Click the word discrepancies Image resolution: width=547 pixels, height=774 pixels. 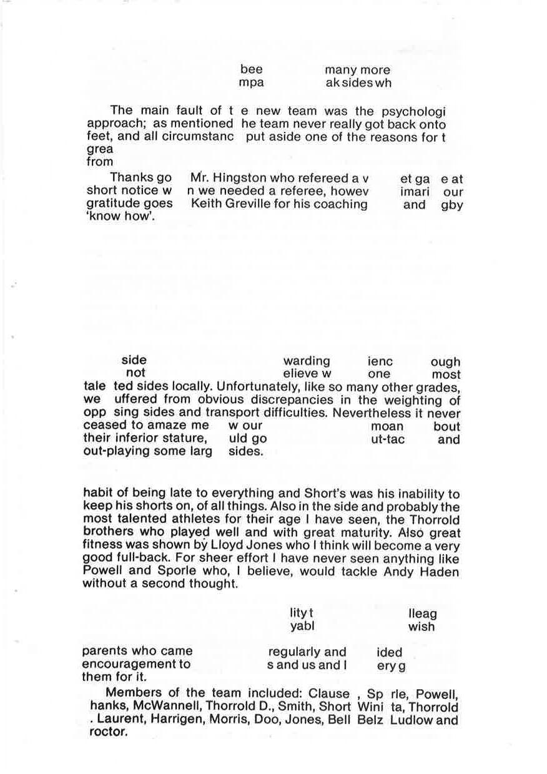tap(273, 400)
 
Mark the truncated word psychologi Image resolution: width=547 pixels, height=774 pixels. tap(413, 112)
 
